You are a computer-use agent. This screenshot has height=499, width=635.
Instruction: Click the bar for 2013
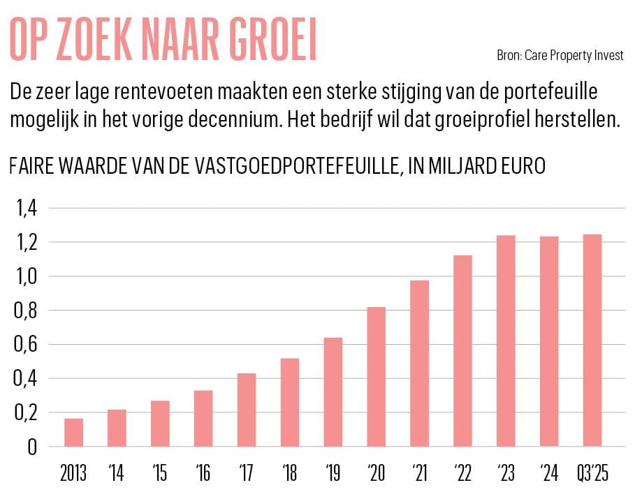(73, 433)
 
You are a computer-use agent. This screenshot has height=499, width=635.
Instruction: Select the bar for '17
(247, 410)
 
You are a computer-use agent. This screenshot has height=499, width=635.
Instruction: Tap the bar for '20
(376, 377)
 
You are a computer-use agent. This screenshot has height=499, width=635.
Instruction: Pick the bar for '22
(462, 351)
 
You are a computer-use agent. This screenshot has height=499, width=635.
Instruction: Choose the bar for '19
(333, 392)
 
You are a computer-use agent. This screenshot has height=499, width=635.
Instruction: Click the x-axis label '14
(117, 475)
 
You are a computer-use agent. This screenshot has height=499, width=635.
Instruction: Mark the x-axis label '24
(549, 475)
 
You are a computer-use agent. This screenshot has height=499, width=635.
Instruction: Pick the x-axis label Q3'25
(592, 475)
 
